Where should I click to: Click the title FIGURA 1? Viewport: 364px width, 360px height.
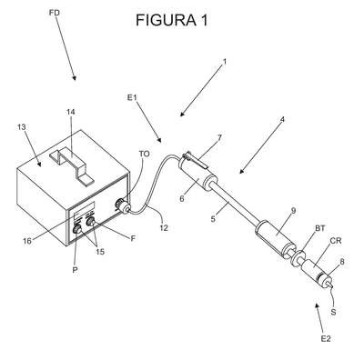(x=172, y=20)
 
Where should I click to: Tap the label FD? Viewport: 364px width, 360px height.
(x=55, y=13)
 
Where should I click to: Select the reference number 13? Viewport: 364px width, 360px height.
(x=21, y=126)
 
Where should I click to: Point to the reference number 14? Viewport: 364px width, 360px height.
(x=71, y=112)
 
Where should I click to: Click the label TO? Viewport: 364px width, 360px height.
(x=145, y=154)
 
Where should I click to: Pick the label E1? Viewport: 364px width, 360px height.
(x=132, y=97)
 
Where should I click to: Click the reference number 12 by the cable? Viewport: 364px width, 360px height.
(x=164, y=227)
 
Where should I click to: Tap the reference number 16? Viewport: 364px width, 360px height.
(x=27, y=242)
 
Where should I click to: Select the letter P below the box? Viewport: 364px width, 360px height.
(x=76, y=270)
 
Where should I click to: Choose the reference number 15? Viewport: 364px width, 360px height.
(x=100, y=252)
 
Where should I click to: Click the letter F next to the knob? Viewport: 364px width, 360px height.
(x=133, y=238)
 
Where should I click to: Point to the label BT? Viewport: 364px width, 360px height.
(x=319, y=228)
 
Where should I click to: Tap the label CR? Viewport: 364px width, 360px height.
(x=336, y=241)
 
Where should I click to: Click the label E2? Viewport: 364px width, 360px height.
(x=326, y=339)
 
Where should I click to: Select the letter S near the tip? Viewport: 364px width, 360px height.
(x=333, y=312)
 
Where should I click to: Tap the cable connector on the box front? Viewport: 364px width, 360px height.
(x=123, y=206)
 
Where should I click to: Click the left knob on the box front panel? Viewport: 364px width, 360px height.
(x=77, y=229)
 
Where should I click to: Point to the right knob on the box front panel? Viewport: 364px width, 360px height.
(x=90, y=222)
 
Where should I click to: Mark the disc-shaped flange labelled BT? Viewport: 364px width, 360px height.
(x=297, y=257)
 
